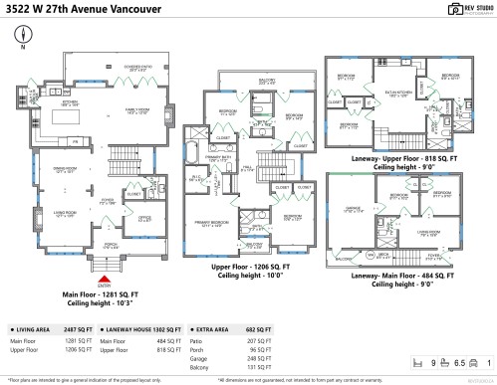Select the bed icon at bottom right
(x=419, y=363)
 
